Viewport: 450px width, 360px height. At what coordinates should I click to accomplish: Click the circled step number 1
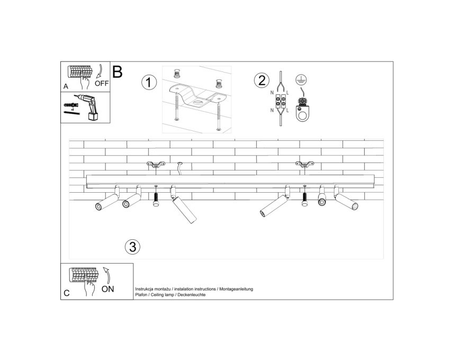pos(149,83)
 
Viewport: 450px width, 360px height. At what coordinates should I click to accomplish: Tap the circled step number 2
pos(262,80)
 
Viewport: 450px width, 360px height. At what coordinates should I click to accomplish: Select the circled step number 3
pos(132,247)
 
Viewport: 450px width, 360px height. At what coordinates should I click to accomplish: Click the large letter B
pos(118,72)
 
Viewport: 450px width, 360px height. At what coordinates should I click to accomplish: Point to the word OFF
pos(102,84)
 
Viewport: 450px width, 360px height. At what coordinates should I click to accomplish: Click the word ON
pos(108,289)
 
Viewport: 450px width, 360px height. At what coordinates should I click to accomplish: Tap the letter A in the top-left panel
pos(66,86)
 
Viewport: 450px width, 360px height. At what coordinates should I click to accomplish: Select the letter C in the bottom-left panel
pos(67,293)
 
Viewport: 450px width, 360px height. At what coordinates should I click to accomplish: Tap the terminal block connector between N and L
pos(281,101)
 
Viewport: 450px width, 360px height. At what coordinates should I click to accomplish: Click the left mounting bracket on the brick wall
pos(156,164)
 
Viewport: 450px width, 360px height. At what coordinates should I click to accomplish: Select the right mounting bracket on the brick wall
pos(305,164)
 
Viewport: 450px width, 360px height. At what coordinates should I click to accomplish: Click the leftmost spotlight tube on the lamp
pos(106,202)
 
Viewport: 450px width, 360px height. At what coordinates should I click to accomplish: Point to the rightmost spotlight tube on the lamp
pos(347,202)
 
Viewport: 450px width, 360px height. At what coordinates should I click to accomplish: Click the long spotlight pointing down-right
pos(185,210)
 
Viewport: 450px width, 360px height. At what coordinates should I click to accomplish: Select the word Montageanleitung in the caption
pos(236,289)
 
